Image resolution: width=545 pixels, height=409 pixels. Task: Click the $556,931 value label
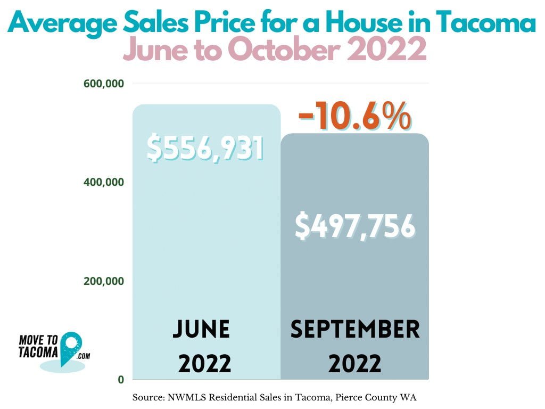205,149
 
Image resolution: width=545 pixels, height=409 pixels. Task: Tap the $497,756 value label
354,226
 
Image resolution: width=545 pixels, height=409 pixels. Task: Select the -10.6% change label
354,116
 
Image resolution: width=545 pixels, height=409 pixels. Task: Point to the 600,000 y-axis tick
104,83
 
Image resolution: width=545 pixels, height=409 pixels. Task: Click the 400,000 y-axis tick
104,182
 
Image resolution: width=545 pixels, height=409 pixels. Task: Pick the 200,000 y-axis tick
104,281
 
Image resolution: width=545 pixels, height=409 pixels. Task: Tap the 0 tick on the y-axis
121,380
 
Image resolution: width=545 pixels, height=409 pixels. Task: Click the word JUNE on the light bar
201,330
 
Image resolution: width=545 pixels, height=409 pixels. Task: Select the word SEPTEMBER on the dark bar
355,330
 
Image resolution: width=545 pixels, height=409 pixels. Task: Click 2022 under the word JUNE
204,364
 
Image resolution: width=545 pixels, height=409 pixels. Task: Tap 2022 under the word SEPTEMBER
354,364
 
